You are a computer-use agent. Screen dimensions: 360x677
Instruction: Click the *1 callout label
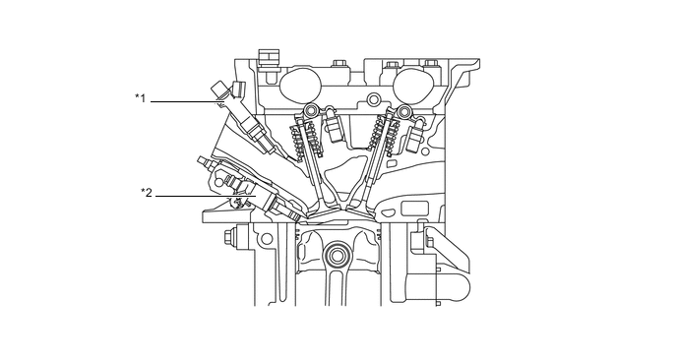pyautogui.click(x=141, y=98)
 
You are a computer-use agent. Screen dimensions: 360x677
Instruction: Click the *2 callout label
pyautogui.click(x=147, y=193)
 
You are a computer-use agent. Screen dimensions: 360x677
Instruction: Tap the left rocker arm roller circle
pyautogui.click(x=311, y=109)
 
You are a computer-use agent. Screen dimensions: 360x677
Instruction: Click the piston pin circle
pyautogui.click(x=338, y=256)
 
